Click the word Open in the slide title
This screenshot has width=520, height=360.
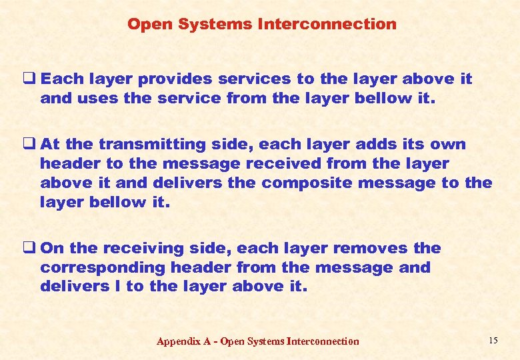[146, 25]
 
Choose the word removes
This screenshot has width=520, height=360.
[371, 249]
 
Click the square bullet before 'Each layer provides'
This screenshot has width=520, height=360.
[32, 79]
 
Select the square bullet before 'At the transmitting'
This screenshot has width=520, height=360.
[32, 144]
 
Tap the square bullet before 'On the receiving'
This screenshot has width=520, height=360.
[32, 248]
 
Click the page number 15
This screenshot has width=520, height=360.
[493, 341]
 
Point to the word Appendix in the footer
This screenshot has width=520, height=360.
[178, 342]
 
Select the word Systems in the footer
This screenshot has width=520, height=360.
[265, 341]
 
